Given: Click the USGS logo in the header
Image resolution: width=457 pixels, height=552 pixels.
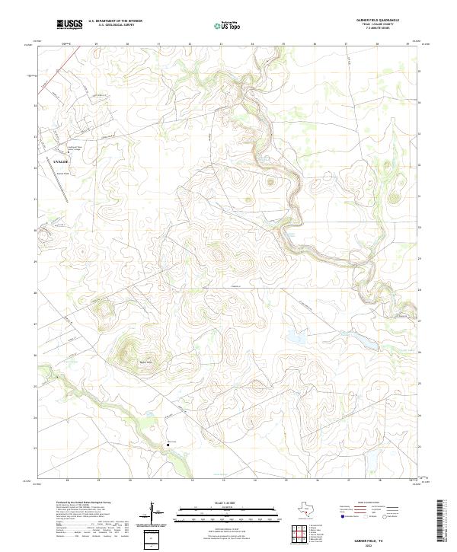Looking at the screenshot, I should tap(69, 25).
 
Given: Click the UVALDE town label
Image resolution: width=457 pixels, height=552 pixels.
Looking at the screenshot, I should tap(40, 162).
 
